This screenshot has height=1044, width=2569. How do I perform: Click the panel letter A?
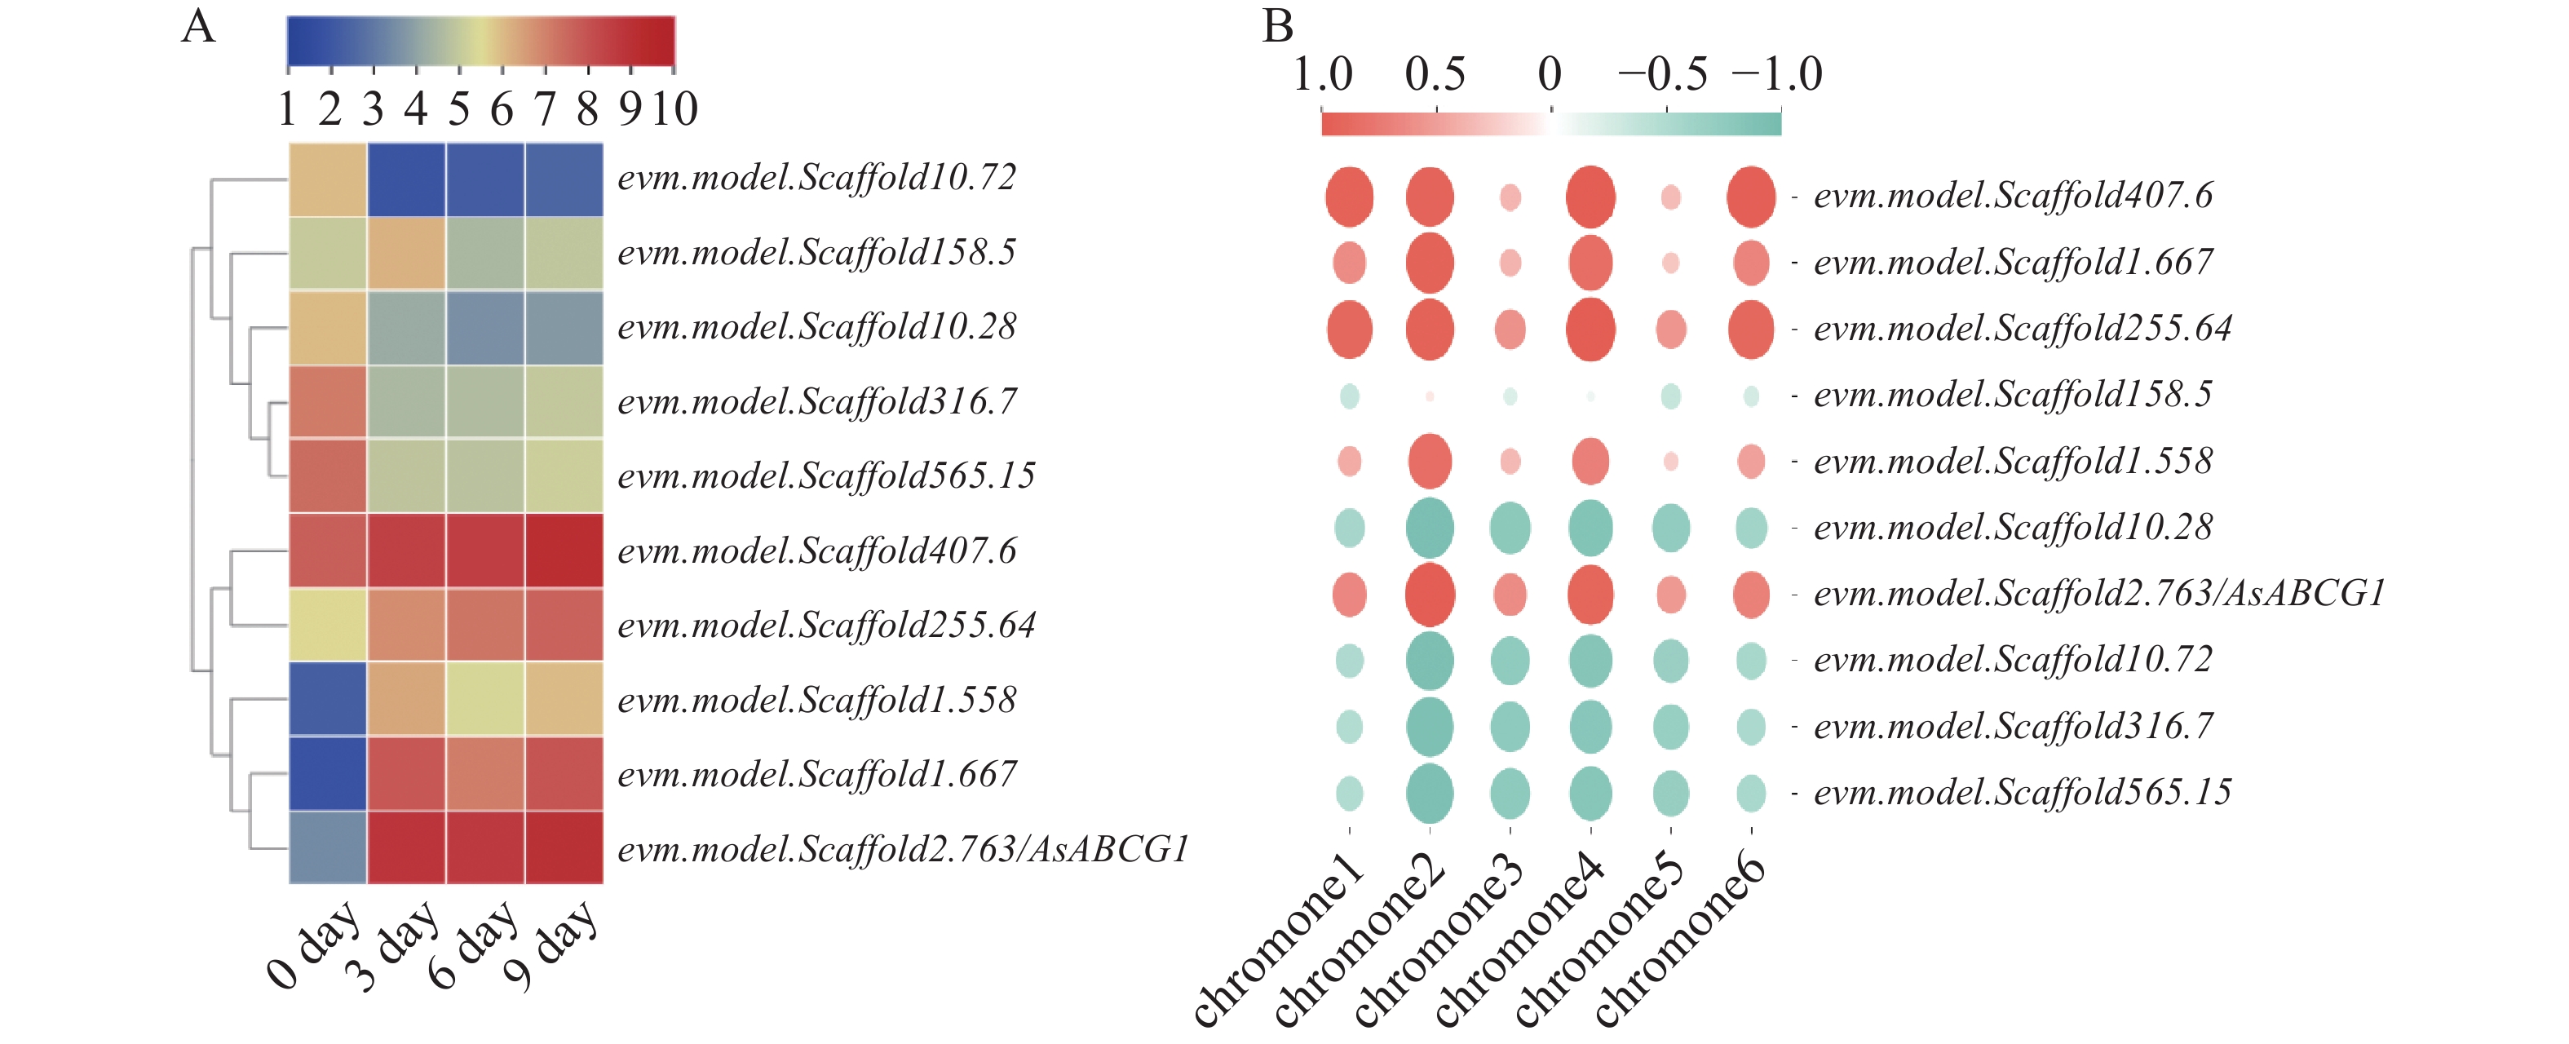(197, 27)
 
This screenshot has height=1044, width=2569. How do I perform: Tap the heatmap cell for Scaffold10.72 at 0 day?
(328, 179)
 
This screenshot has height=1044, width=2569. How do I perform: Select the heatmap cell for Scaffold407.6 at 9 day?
(564, 551)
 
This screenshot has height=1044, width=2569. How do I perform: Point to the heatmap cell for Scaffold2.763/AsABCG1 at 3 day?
(407, 847)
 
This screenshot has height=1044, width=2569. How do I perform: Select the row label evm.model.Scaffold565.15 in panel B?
(2022, 793)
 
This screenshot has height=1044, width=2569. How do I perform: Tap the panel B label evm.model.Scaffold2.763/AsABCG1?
(2098, 595)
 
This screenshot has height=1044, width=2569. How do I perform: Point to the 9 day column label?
(550, 945)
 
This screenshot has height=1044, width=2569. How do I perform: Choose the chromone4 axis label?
(1519, 940)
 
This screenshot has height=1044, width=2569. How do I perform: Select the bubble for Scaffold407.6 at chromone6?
(1750, 197)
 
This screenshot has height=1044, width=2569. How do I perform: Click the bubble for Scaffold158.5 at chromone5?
(1670, 396)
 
